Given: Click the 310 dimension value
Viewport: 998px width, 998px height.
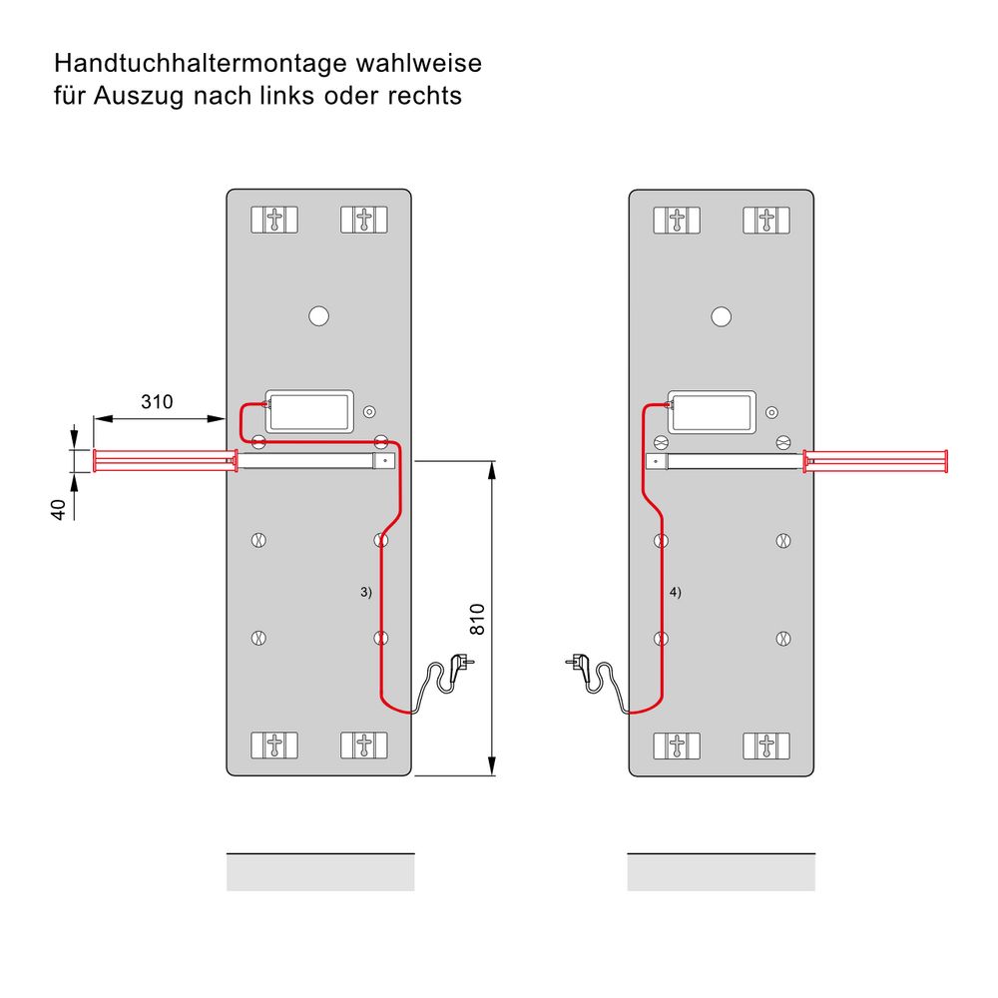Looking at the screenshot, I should pos(157,402).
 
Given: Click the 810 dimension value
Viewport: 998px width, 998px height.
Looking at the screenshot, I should pos(477,619).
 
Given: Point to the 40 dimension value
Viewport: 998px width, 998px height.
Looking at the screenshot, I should pos(60,509).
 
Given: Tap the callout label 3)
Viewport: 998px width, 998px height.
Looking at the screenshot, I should pos(365,592).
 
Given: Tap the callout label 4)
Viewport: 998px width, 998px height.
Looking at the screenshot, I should pos(675,592).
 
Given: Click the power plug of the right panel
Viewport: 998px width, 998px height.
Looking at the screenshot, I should pos(577,661).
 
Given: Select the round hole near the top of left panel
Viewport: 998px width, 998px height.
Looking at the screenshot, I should pos(318,316).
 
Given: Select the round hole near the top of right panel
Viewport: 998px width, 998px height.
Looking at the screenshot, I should pos(721,316).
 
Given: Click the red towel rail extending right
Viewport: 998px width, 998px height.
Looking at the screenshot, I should pos(875,460).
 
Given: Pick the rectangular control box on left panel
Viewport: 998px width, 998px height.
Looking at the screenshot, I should pos(309,411).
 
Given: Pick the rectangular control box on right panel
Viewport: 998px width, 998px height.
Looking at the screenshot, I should pos(712,411).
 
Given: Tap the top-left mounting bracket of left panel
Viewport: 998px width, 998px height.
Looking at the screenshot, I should pos(273,220).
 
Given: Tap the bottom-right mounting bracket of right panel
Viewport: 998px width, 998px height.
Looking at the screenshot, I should pos(765,746).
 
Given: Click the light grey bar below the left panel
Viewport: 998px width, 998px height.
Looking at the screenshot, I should pos(320,873).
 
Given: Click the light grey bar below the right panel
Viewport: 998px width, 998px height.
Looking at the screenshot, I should pos(721,873).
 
